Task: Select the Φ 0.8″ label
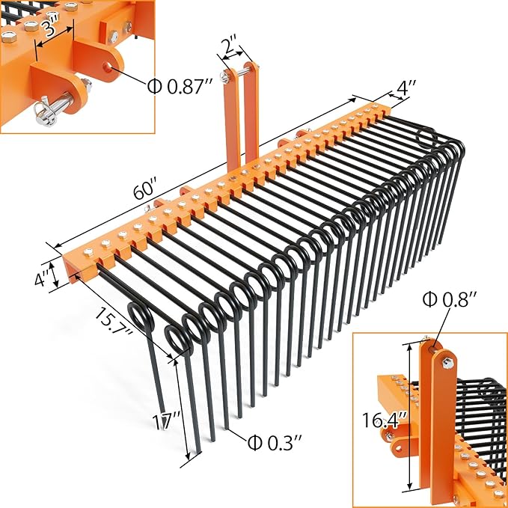click(450, 300)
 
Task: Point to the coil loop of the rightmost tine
click(426, 137)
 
